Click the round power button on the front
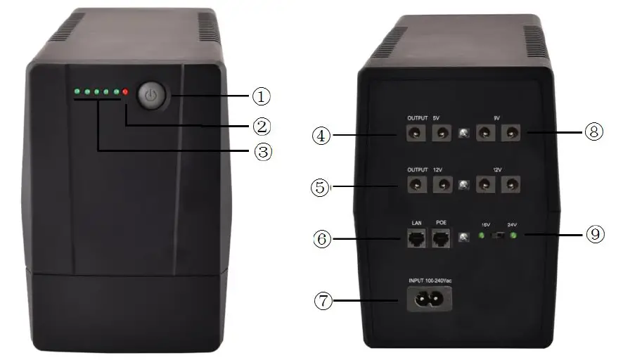pyautogui.click(x=151, y=95)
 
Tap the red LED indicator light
pyautogui.click(x=126, y=91)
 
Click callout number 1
pyautogui.click(x=262, y=94)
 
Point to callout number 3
pyautogui.click(x=262, y=152)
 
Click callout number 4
pyautogui.click(x=322, y=134)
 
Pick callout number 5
pyautogui.click(x=322, y=187)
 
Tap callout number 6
pyautogui.click(x=322, y=239)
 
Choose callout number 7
pyautogui.click(x=322, y=301)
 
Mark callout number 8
pyautogui.click(x=594, y=131)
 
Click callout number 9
pyautogui.click(x=594, y=234)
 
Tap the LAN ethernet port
pyautogui.click(x=416, y=240)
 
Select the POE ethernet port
pyautogui.click(x=442, y=240)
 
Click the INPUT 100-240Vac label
pyautogui.click(x=430, y=281)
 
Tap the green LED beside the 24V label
pyautogui.click(x=515, y=236)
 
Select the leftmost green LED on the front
pyautogui.click(x=76, y=91)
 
